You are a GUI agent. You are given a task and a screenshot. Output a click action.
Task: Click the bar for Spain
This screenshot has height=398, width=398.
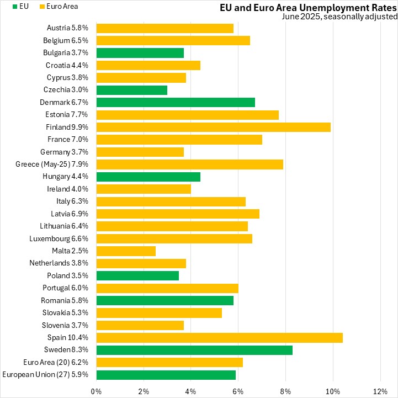[219, 337]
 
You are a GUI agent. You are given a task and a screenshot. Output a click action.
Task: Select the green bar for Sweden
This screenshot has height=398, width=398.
[194, 350]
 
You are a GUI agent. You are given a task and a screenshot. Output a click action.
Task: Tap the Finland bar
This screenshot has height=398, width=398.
[213, 127]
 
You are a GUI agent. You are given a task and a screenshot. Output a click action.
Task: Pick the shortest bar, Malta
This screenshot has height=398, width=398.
[126, 251]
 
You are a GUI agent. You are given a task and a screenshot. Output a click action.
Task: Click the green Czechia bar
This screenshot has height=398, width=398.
[131, 90]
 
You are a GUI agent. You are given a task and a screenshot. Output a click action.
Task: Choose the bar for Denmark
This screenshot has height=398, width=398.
[176, 102]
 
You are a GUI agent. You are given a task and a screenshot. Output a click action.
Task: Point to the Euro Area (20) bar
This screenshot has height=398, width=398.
[169, 362]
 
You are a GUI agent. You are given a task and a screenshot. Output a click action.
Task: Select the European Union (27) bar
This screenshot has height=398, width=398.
[166, 375]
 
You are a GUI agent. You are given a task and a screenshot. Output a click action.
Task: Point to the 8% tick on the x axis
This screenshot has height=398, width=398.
[285, 391]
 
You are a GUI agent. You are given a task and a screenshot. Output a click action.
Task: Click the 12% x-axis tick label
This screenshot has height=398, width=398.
[380, 391]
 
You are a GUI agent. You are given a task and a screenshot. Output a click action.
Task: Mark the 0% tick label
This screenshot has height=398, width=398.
[96, 391]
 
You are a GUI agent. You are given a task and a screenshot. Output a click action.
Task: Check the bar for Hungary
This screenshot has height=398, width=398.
[148, 177]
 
